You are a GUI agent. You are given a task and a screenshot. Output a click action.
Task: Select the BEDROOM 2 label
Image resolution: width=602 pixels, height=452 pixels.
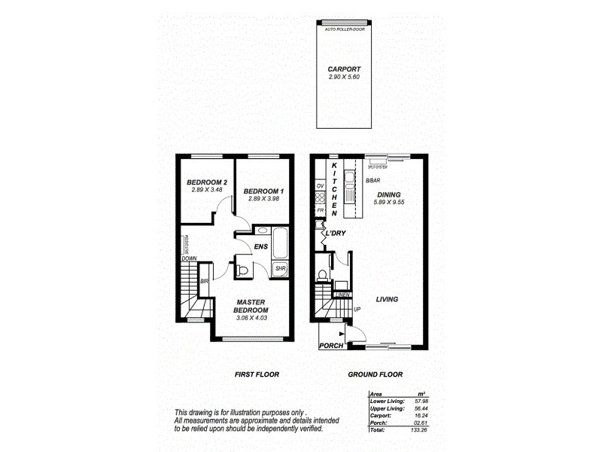[207, 183]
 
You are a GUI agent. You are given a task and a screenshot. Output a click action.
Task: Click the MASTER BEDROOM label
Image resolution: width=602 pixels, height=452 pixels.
[251, 306]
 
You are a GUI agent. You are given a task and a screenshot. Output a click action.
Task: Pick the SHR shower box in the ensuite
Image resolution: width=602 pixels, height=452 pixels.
[279, 268]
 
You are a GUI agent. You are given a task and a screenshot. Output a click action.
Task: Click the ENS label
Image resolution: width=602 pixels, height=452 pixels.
[261, 246]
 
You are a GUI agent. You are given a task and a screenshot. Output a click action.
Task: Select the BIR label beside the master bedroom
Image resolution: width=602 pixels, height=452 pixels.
[204, 282]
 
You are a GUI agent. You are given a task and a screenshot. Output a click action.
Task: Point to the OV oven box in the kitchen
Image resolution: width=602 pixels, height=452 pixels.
[320, 185]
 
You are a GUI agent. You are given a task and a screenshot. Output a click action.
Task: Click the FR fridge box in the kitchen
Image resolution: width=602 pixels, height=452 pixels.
[320, 211]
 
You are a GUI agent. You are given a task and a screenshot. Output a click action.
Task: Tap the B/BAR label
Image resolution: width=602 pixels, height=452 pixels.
[372, 182]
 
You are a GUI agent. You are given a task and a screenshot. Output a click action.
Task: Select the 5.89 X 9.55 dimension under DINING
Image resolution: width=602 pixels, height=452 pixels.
[392, 202]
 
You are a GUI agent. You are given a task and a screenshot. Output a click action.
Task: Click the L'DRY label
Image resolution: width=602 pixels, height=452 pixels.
[334, 234]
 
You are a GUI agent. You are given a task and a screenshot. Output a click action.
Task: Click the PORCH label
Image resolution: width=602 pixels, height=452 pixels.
[332, 346]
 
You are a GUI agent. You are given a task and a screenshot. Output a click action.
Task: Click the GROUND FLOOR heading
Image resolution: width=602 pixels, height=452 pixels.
[375, 374]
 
